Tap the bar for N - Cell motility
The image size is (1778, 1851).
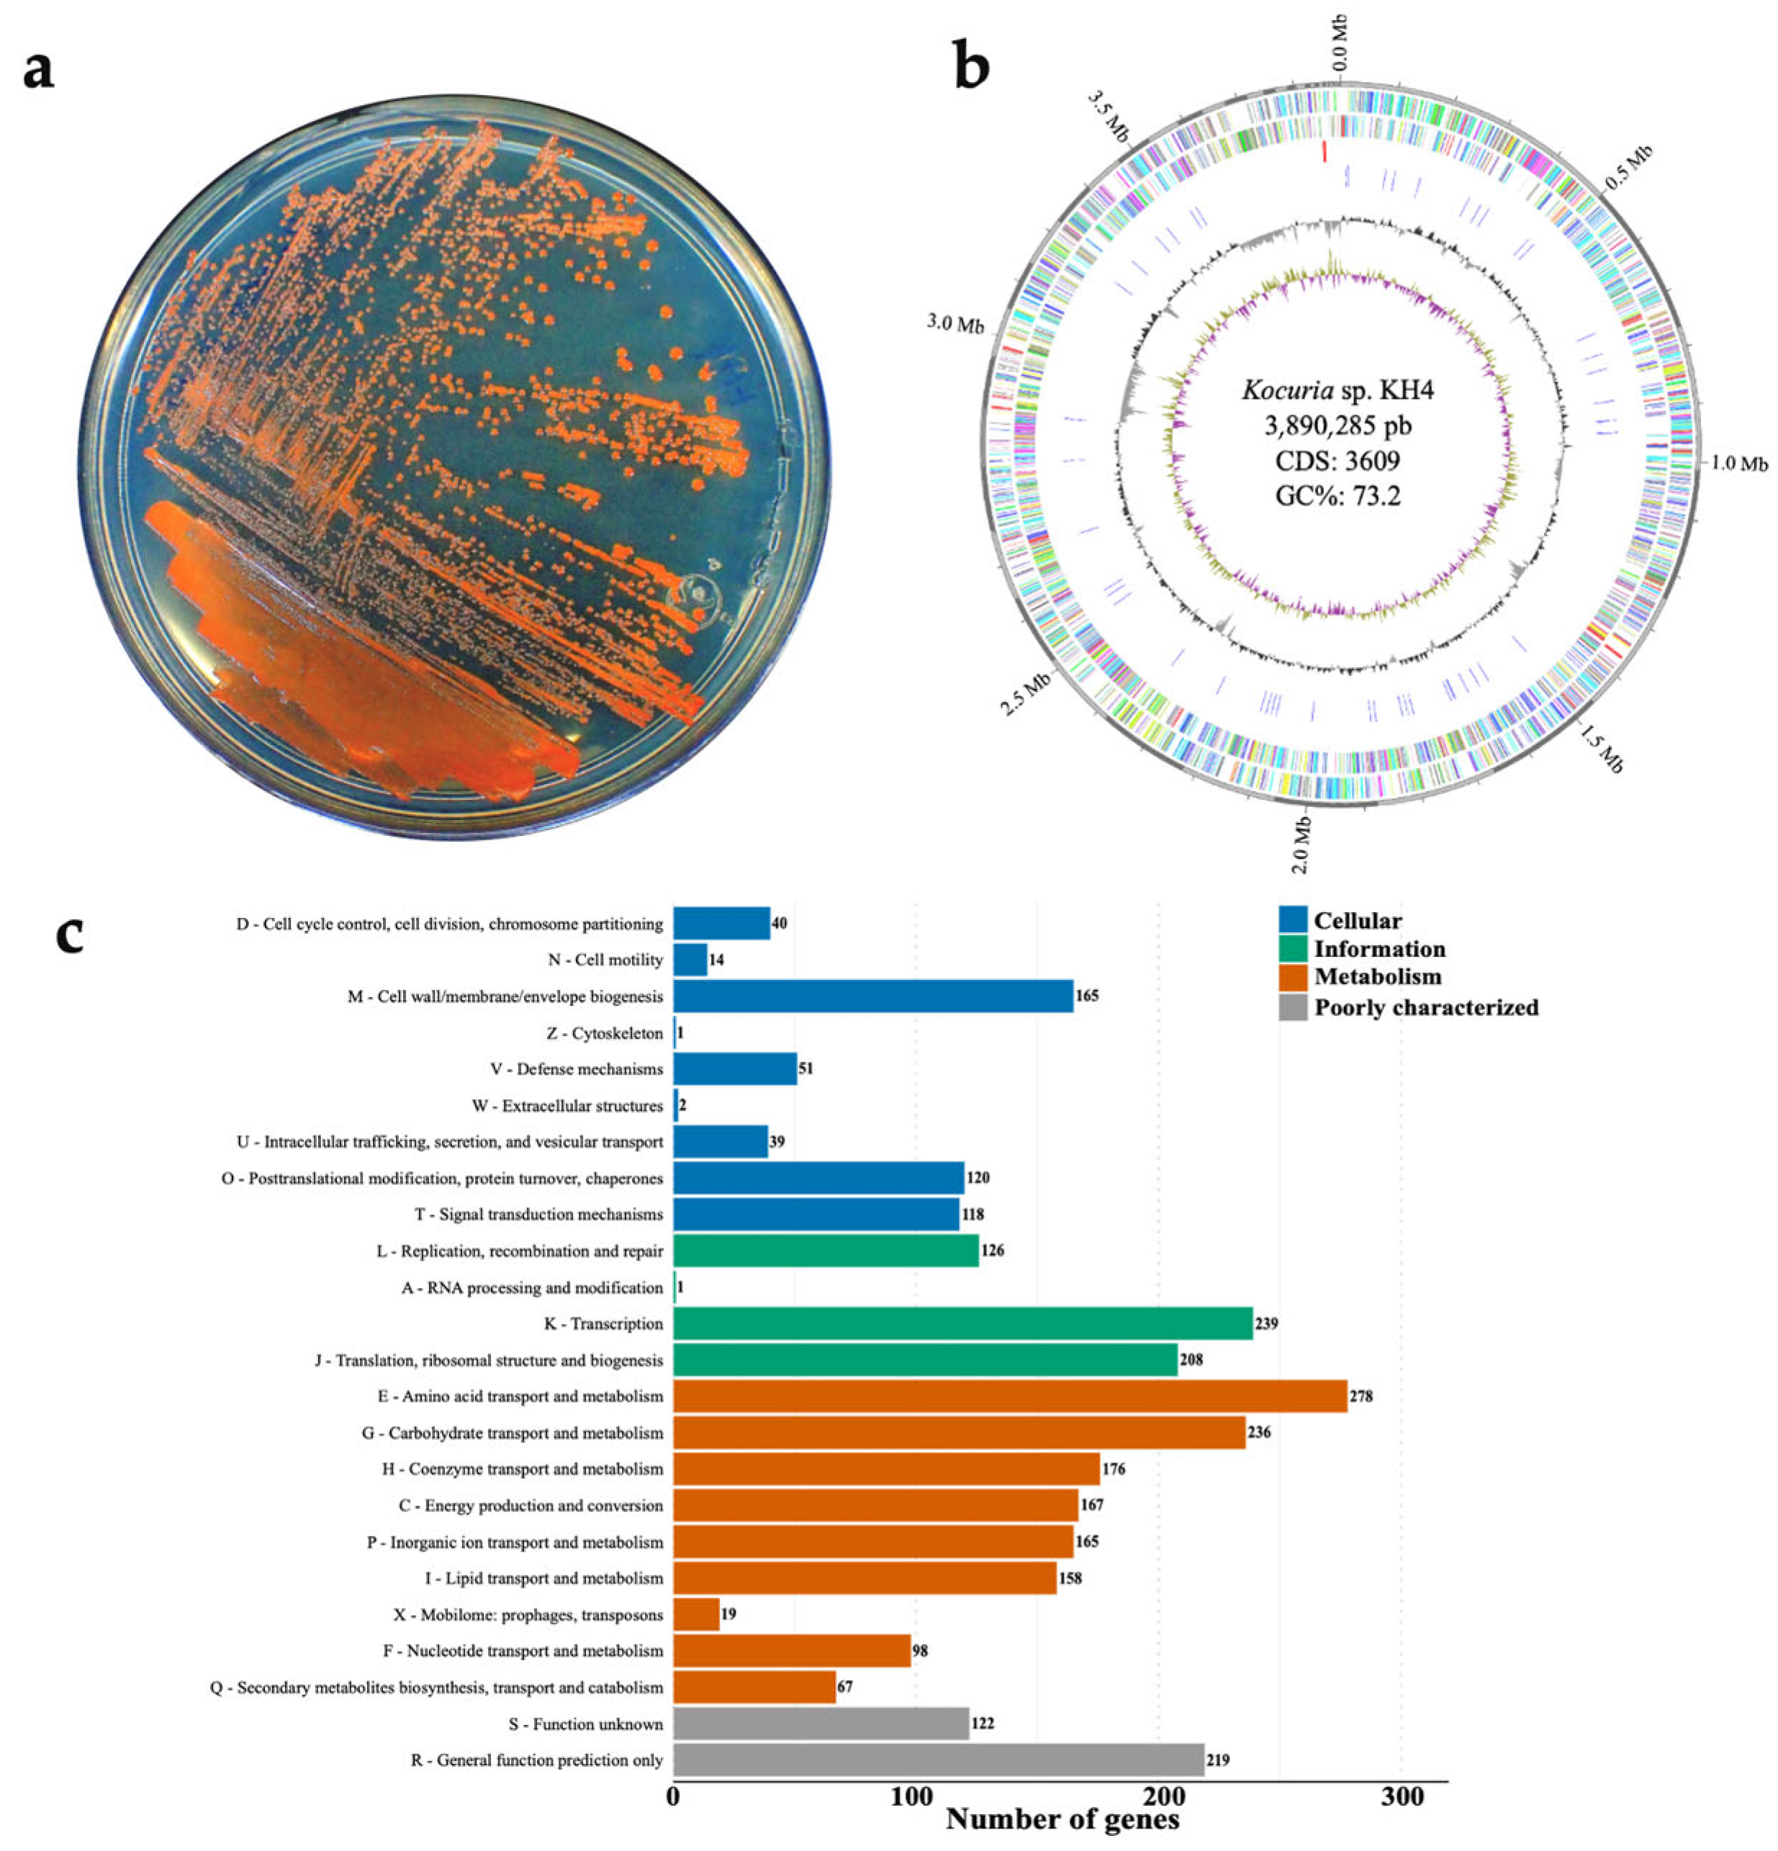pos(690,960)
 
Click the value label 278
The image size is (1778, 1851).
pos(1360,1396)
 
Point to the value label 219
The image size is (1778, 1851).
pos(1217,1760)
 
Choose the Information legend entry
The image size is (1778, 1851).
pos(1378,948)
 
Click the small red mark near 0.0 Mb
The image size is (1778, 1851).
pos(1324,151)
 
